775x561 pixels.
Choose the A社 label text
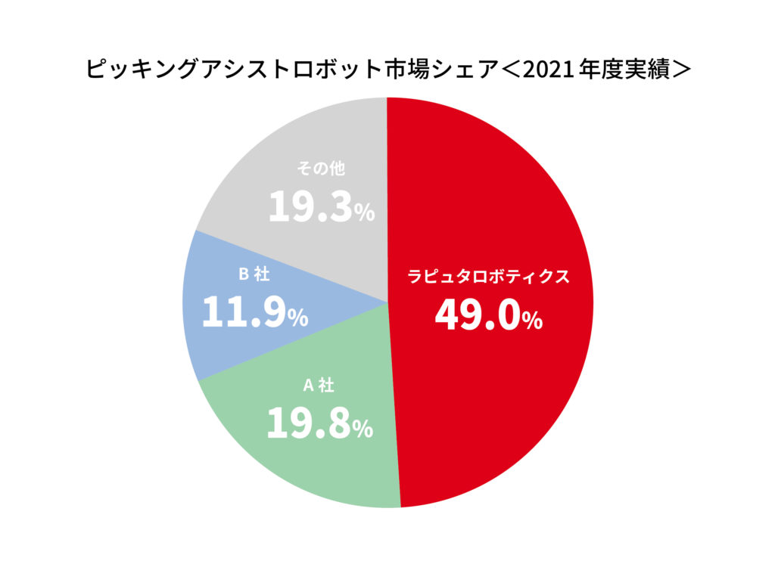[319, 386]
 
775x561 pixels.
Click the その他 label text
[320, 169]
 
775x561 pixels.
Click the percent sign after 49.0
[531, 321]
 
